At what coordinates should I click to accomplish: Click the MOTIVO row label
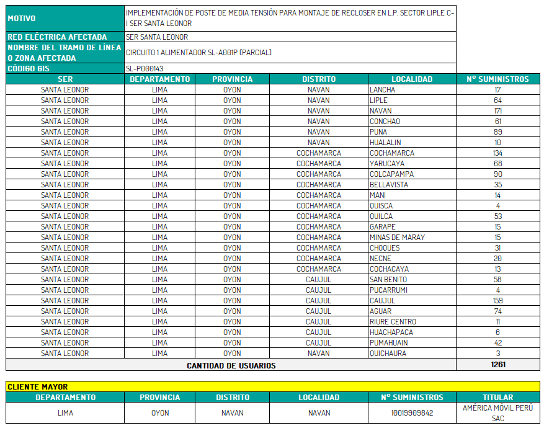22,19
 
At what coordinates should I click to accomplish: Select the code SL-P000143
144,69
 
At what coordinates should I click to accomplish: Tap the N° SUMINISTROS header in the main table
497,79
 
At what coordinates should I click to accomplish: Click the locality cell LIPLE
378,100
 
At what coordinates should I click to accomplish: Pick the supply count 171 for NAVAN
497,111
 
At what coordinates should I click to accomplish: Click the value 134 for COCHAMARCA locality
497,153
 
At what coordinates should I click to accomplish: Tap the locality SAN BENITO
388,280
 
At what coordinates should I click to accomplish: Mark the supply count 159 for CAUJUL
497,301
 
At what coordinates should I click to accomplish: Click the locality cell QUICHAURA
388,354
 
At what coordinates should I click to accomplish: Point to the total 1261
497,365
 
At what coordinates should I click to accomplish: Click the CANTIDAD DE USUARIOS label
231,365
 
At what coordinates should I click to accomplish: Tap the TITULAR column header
497,398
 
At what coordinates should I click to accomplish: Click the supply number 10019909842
412,413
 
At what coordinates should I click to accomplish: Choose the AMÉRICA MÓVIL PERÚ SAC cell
497,413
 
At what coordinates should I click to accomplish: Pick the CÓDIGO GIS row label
29,69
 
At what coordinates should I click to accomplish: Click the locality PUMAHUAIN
389,343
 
